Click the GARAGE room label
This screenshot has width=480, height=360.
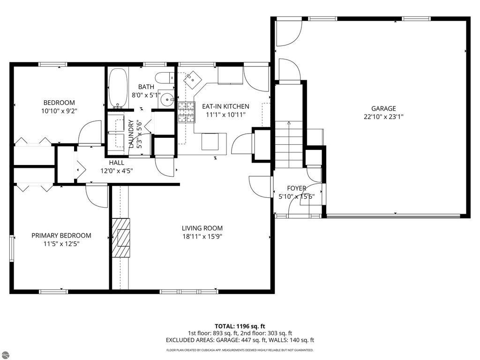tap(383, 108)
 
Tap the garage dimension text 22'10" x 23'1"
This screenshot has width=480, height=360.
tap(383, 117)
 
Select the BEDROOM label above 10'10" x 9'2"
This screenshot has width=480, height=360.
tap(59, 103)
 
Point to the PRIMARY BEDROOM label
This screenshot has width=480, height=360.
tap(61, 235)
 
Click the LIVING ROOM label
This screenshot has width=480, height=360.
tap(202, 228)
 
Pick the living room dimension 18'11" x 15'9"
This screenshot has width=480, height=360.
tap(202, 236)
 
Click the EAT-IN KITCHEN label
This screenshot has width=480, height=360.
tap(225, 106)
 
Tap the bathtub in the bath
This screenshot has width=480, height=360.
tap(118, 88)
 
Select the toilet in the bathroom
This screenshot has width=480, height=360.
tap(165, 77)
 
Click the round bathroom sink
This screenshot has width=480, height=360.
tap(167, 99)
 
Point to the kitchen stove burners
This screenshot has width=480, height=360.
tap(187, 112)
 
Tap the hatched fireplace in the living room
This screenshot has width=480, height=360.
tap(120, 238)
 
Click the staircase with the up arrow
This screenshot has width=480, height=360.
tap(289, 144)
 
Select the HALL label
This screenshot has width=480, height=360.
tap(117, 163)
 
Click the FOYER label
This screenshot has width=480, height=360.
tap(296, 188)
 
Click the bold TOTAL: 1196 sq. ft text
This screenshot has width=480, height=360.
tap(240, 326)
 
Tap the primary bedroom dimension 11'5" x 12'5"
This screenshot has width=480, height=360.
tap(61, 244)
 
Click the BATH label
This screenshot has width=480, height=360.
tap(146, 87)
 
